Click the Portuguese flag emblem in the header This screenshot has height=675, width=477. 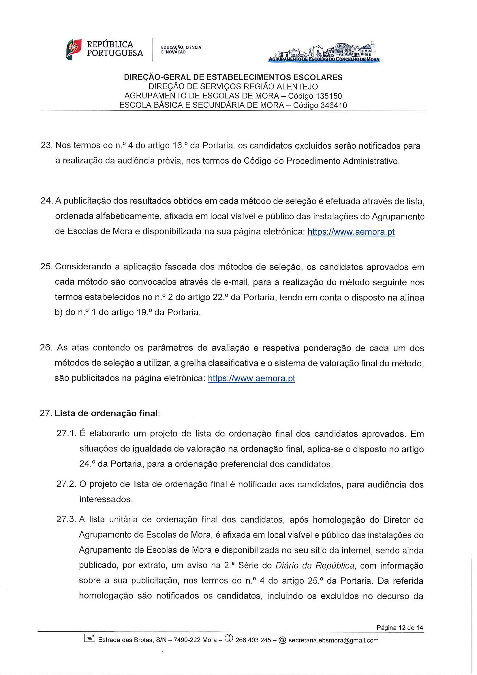[74, 49]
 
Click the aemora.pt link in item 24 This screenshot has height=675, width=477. [351, 232]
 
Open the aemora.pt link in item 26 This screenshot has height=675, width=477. [251, 378]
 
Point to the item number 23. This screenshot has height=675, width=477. [46, 146]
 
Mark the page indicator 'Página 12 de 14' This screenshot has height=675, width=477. [400, 628]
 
